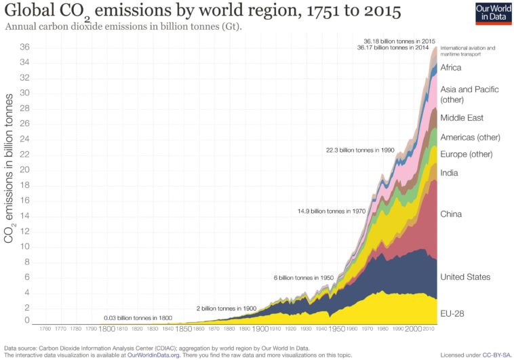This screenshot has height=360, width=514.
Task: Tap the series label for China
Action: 451,214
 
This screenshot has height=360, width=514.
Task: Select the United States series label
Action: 465,277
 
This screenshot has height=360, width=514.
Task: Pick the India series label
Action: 449,173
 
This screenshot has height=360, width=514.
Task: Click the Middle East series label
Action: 461,118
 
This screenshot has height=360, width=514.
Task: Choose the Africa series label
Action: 451,68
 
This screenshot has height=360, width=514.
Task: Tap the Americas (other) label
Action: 470,137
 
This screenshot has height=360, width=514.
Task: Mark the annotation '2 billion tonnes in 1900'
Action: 226,308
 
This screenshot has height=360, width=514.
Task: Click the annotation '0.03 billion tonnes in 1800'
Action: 138,317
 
